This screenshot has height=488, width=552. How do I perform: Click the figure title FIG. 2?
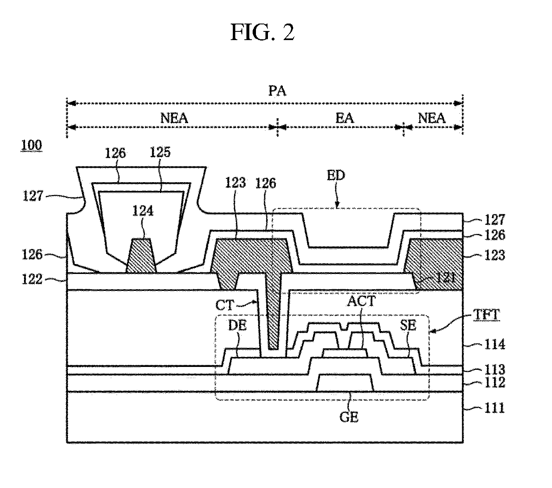point(263,32)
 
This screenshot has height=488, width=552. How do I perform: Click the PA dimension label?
point(277,90)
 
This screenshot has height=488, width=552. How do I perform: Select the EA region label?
point(344,118)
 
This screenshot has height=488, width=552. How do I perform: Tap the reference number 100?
point(31,145)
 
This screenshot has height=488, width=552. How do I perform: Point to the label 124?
point(143,211)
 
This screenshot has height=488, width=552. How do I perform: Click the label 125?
point(160,152)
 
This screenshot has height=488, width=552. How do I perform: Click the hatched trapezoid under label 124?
point(141,255)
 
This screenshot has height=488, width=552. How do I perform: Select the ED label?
point(336,175)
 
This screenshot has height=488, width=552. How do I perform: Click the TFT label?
point(487,315)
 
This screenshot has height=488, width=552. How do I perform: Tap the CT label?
point(225,305)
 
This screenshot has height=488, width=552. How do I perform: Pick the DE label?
point(237,325)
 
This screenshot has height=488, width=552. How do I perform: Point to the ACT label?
point(361,301)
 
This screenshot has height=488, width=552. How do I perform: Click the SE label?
point(408,325)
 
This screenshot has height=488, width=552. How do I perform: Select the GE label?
point(349,417)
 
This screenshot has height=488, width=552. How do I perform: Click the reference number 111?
point(495,408)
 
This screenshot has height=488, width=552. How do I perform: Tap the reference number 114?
point(495,344)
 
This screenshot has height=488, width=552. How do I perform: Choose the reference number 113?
point(495,369)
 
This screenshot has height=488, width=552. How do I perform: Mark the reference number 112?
point(495,382)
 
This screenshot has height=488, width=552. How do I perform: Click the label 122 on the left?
point(32,279)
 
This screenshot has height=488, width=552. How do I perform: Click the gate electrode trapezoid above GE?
point(344,383)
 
